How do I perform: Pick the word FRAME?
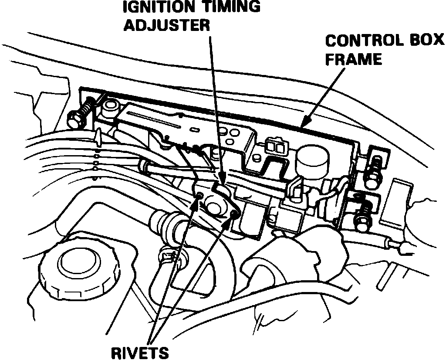(x=354, y=58)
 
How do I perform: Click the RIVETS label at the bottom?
(x=139, y=352)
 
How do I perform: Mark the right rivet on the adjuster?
(x=234, y=214)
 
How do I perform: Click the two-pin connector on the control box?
(x=275, y=147)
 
